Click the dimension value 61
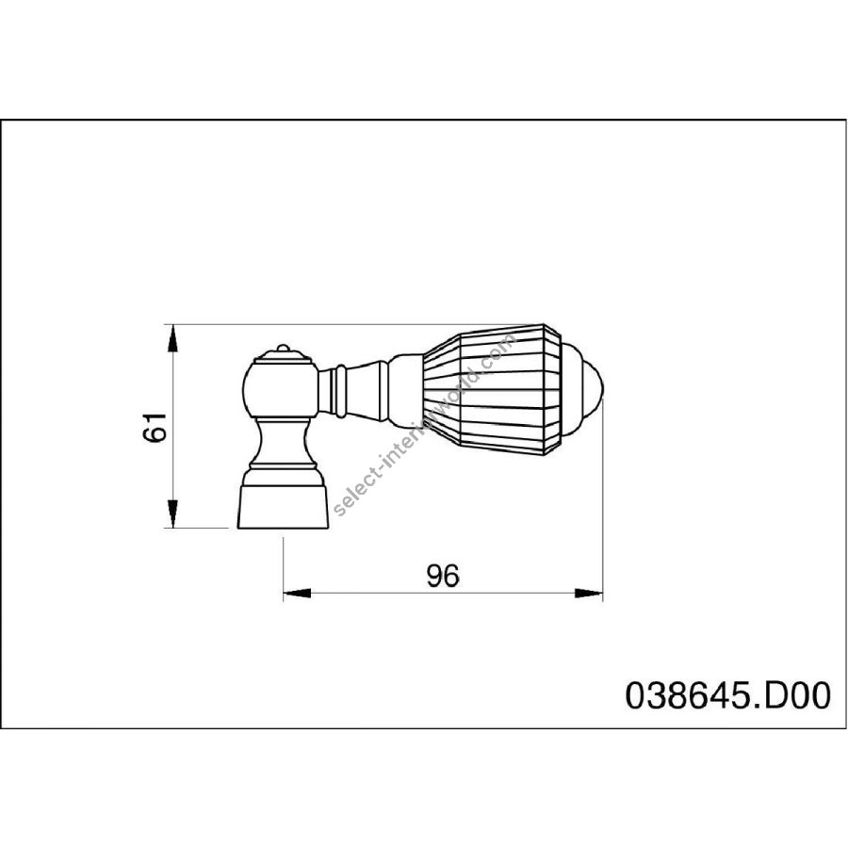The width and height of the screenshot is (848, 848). click(155, 427)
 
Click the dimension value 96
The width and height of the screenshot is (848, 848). click(443, 576)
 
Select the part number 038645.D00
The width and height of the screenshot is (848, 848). click(727, 695)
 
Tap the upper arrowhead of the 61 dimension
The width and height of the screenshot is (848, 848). click(172, 338)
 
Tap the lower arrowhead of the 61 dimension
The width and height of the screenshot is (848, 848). click(172, 514)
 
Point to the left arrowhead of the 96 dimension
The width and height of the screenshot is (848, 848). click(297, 594)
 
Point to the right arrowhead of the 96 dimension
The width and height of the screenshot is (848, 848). click(588, 594)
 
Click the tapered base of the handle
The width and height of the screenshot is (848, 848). click(283, 507)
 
